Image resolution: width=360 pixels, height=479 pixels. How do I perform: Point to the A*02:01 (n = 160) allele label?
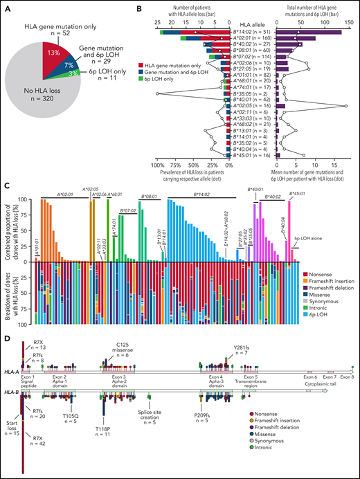(x=252, y=39)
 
